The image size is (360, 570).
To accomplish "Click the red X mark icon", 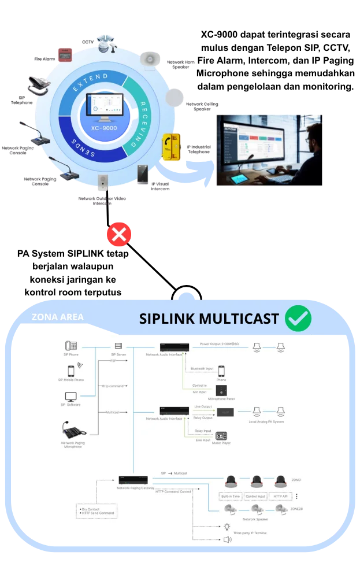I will [x=120, y=234].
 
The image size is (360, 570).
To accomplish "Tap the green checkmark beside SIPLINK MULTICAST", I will [x=298, y=317].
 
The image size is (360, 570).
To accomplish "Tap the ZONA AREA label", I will [x=57, y=317].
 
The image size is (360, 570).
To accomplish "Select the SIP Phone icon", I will [x=71, y=346].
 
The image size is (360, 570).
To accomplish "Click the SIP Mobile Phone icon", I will [x=71, y=371].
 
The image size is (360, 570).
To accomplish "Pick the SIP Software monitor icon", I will [x=71, y=397].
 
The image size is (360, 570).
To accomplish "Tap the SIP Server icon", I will [x=118, y=346].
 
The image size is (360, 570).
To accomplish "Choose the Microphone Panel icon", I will [x=221, y=390].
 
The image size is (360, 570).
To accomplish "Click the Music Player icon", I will [x=221, y=436].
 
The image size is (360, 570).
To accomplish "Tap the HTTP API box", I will [x=281, y=496].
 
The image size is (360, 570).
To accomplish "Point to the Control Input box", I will [x=255, y=496].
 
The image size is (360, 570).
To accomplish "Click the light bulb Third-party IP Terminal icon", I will [x=227, y=527].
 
